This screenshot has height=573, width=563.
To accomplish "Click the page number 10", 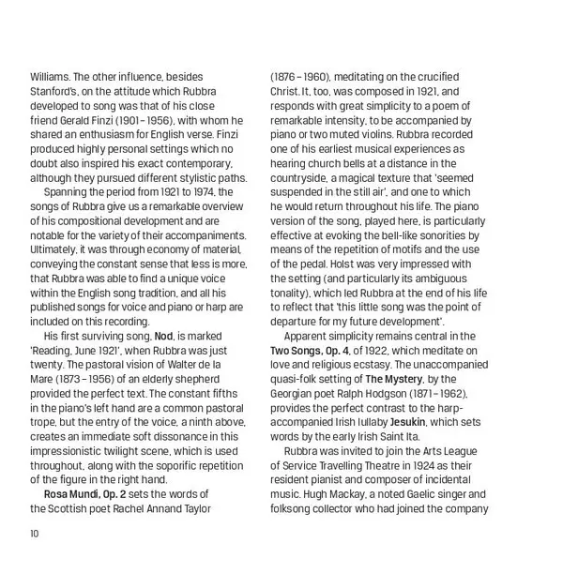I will [x=35, y=534].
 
